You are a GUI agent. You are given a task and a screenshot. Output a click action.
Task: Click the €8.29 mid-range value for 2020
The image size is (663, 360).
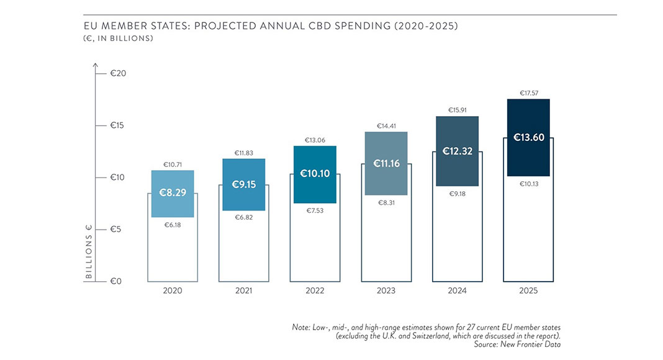pos(173,194)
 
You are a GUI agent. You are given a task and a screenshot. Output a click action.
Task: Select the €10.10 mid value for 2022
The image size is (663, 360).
pos(315,174)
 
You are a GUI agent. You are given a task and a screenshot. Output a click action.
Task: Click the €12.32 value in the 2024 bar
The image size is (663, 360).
pos(458,151)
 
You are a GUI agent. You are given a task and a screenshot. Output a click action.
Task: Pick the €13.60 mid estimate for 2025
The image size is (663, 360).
pos(528,137)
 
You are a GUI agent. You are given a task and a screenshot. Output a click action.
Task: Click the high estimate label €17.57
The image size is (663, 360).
pos(528,93)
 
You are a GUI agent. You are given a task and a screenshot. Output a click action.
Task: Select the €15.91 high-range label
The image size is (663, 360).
pos(458,110)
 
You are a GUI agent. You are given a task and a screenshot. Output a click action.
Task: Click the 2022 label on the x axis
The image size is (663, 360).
pos(315,290)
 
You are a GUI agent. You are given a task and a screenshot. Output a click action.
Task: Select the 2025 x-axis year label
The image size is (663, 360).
pos(528,290)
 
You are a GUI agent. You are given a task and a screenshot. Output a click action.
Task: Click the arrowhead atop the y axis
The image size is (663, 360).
pos(95,65)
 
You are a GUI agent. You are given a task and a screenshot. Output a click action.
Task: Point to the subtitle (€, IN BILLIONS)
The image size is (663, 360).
pos(118,38)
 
